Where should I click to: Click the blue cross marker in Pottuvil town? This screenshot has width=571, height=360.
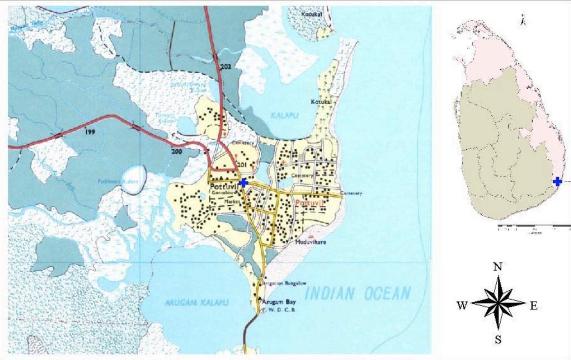pyautogui.click(x=242, y=182)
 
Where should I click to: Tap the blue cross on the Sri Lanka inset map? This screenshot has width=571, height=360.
pyautogui.click(x=557, y=181)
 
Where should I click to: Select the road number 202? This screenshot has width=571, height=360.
pyautogui.click(x=225, y=67)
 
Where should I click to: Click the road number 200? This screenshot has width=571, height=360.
pyautogui.click(x=176, y=151)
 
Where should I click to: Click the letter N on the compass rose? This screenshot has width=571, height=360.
pyautogui.click(x=498, y=267)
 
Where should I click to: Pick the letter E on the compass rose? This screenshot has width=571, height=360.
pyautogui.click(x=533, y=305)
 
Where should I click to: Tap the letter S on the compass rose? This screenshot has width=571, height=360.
pyautogui.click(x=498, y=340)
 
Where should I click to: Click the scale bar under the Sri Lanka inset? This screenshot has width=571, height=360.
pyautogui.click(x=534, y=226)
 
